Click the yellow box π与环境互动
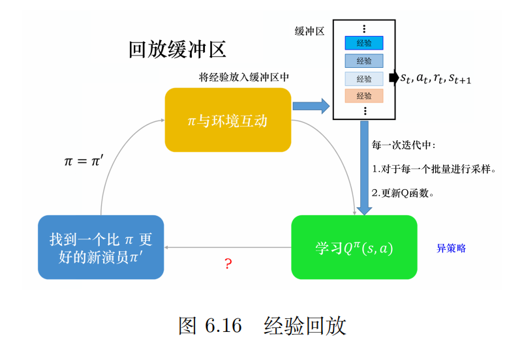[228, 121]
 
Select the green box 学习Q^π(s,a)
[354, 248]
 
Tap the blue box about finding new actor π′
[100, 248]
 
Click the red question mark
[228, 264]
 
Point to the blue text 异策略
[451, 248]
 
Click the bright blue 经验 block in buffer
[364, 43]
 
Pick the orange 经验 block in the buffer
[364, 96]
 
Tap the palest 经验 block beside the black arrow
[364, 79]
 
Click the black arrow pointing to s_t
[393, 78]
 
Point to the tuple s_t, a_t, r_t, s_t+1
[435, 79]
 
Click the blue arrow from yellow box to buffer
[311, 106]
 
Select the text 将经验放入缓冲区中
[244, 77]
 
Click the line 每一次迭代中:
[403, 145]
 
